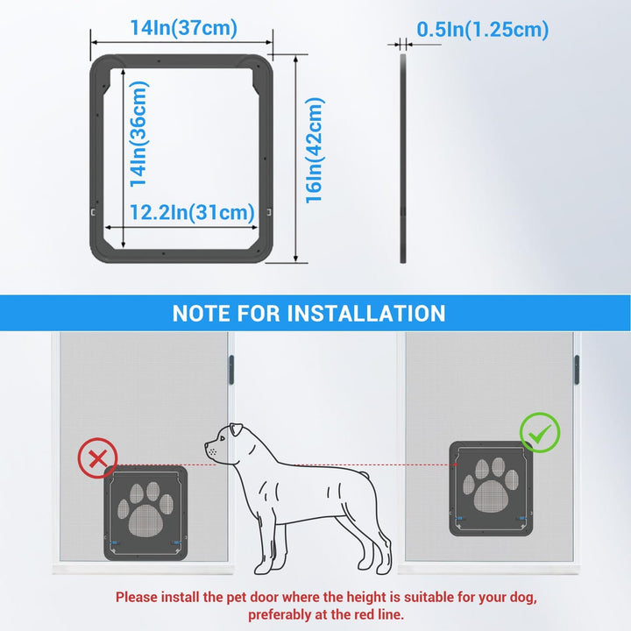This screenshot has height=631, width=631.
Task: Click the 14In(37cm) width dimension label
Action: (x=183, y=28)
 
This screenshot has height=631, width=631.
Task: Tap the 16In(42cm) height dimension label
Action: (x=315, y=150)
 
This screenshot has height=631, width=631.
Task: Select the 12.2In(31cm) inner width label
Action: (x=192, y=212)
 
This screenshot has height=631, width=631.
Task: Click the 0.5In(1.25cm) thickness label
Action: (x=482, y=29)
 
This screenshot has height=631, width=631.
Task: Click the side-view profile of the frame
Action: (x=403, y=158)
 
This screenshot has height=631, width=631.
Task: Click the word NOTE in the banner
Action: (x=202, y=313)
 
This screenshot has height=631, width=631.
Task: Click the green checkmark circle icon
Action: (x=539, y=432)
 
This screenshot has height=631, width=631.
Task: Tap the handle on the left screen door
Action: (x=233, y=368)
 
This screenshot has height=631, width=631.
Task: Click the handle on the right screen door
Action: (x=578, y=368)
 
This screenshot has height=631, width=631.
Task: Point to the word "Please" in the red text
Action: (x=138, y=597)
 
